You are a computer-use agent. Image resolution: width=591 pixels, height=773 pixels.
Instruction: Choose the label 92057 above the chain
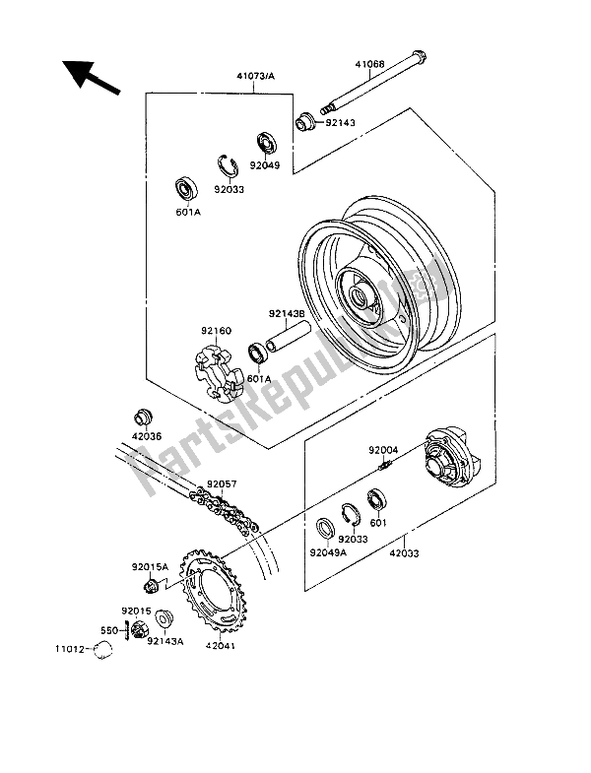click(x=222, y=485)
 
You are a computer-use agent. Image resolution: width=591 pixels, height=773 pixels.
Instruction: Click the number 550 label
click(x=107, y=629)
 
